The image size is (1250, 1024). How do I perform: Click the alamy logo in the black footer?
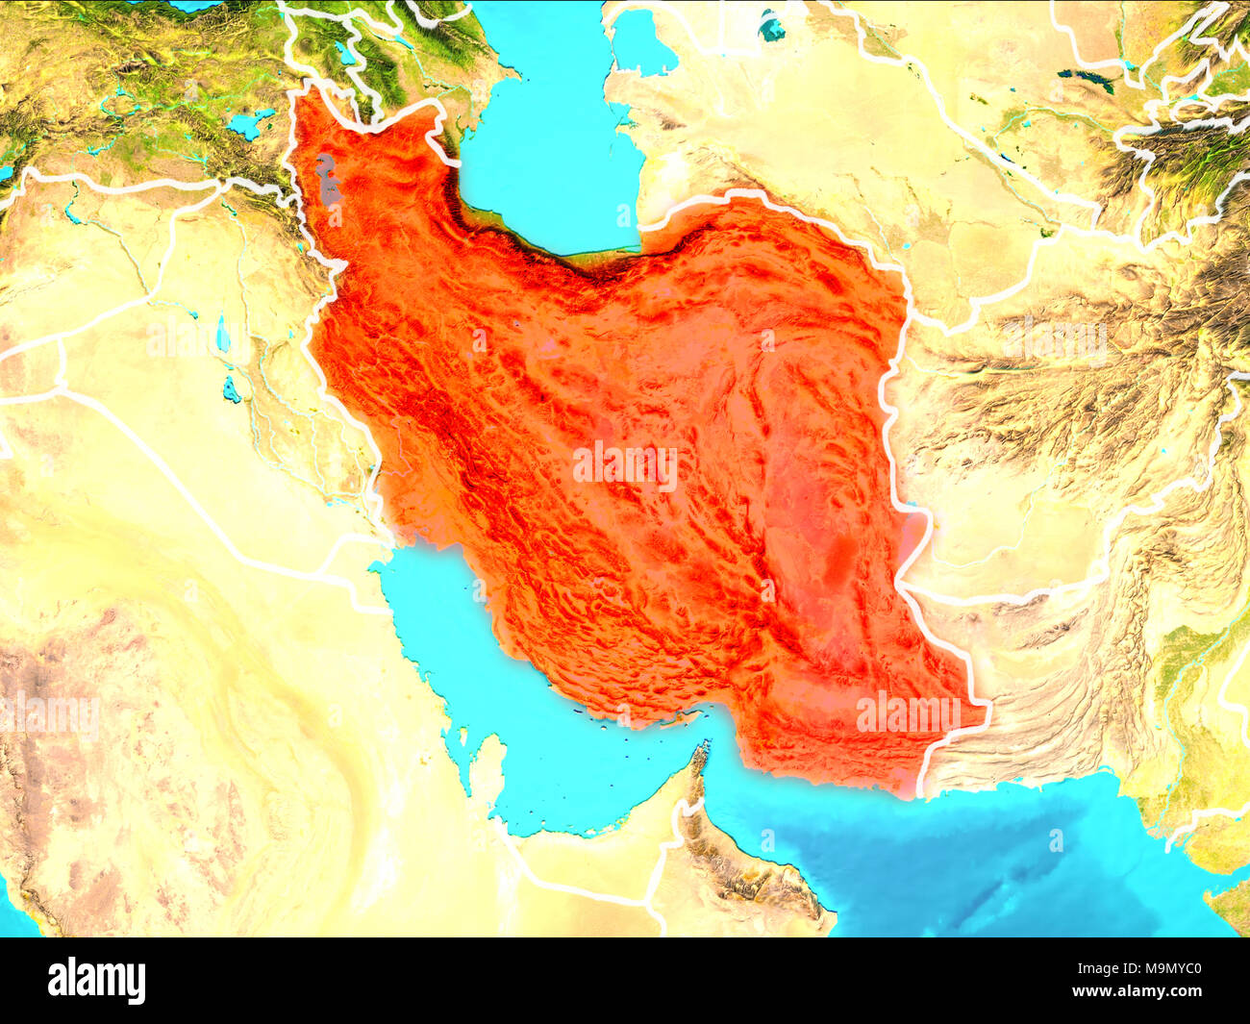[x=97, y=981]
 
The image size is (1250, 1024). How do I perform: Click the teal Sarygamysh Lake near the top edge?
[x=771, y=26]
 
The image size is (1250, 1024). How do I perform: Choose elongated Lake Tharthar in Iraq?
[x=222, y=333]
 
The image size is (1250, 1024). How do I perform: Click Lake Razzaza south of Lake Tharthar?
[x=231, y=389]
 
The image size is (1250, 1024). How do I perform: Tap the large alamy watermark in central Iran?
[x=625, y=466]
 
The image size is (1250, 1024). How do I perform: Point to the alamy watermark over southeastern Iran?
[x=908, y=712]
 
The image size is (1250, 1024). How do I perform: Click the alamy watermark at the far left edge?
[x=48, y=716]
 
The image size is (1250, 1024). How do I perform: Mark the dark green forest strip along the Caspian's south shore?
[x=538, y=252]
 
